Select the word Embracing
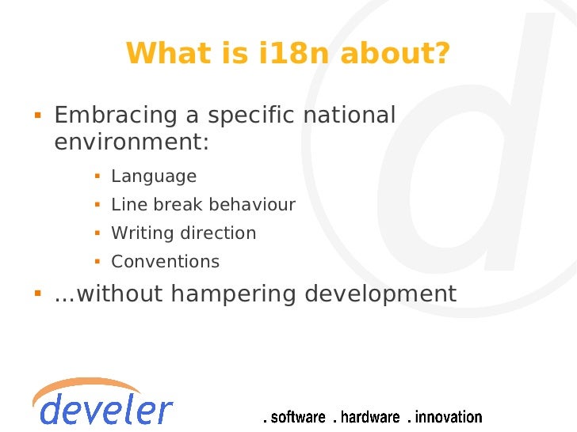116,116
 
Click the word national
349,116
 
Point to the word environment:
132,143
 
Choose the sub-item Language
154,176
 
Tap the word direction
218,233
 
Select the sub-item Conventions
165,262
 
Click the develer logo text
103,410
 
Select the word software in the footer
296,417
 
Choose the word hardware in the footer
368,417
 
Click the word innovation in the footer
445,417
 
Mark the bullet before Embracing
36,116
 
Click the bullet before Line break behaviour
96,205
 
